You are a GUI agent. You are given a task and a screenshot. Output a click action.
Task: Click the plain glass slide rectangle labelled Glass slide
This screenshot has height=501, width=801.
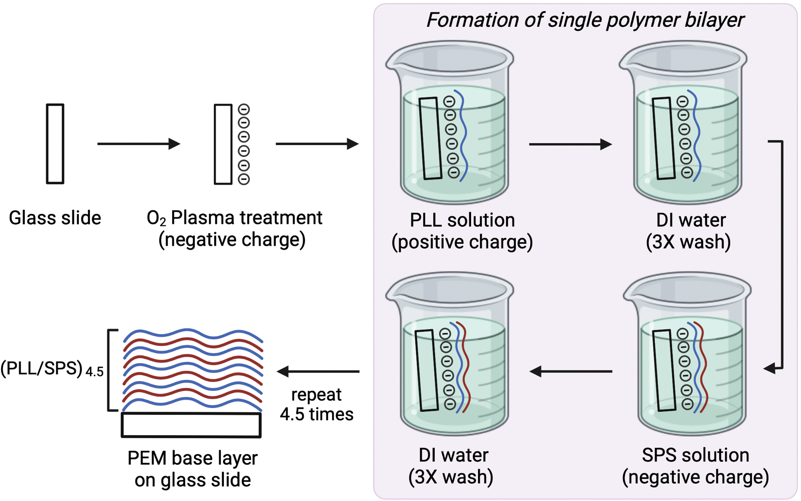pyautogui.click(x=55, y=144)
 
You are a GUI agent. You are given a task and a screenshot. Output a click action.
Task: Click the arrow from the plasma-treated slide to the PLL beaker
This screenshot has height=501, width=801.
pyautogui.click(x=317, y=144)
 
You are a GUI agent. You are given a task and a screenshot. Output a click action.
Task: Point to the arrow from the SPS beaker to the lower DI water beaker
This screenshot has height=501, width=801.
pyautogui.click(x=571, y=371)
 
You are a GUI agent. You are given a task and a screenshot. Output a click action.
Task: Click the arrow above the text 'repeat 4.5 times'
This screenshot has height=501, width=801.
pyautogui.click(x=318, y=371)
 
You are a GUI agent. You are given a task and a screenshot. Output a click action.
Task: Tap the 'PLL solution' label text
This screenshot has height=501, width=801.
pyautogui.click(x=462, y=220)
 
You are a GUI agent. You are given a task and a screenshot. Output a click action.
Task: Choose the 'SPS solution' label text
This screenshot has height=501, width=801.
pyautogui.click(x=695, y=455)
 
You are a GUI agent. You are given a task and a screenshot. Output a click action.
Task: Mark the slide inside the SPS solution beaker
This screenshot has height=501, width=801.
pyautogui.click(x=664, y=371)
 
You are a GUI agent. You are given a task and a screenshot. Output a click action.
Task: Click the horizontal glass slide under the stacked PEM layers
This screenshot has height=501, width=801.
pyautogui.click(x=191, y=425)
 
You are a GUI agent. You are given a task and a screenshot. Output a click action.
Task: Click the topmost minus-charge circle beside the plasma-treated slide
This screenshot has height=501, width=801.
pyautogui.click(x=244, y=109)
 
